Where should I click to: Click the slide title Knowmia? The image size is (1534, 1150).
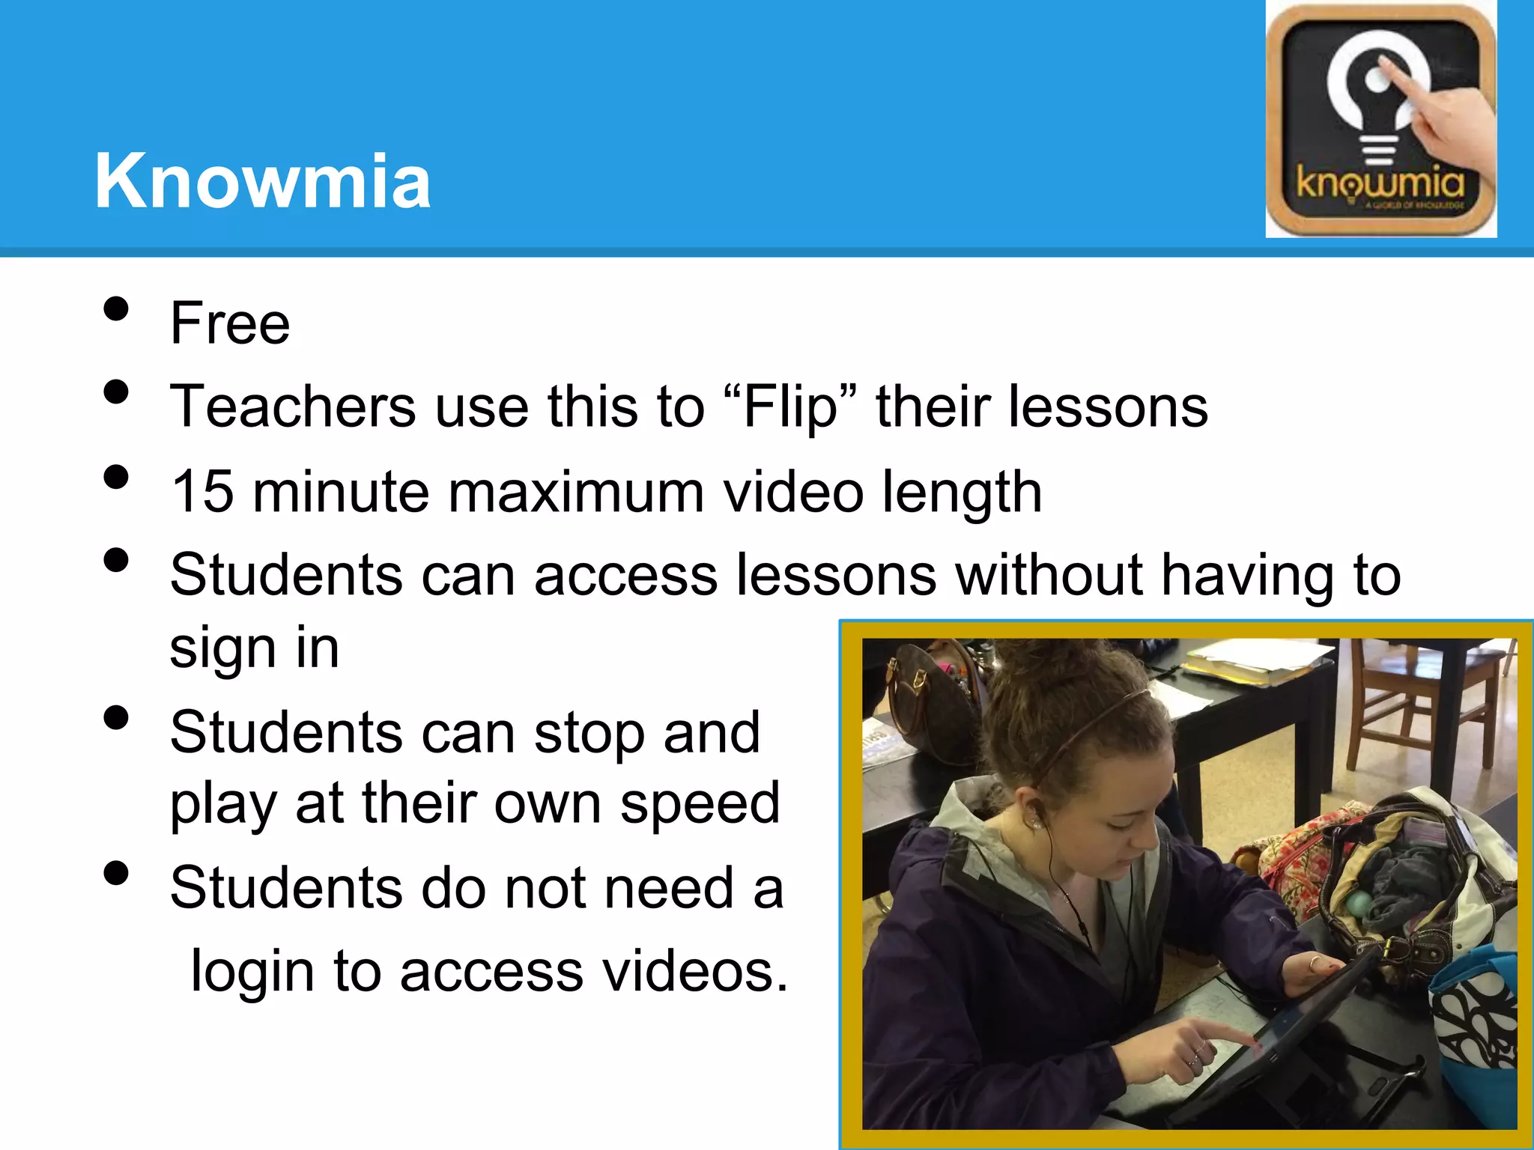click(x=262, y=181)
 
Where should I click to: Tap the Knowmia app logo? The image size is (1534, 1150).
click(x=1380, y=120)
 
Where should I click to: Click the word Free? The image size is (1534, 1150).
click(x=230, y=323)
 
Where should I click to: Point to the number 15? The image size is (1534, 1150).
click(x=202, y=492)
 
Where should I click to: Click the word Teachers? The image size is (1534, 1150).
click(x=293, y=407)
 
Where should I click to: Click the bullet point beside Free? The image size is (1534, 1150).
click(x=116, y=309)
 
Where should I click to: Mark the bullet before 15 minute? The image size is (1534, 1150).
click(x=116, y=478)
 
